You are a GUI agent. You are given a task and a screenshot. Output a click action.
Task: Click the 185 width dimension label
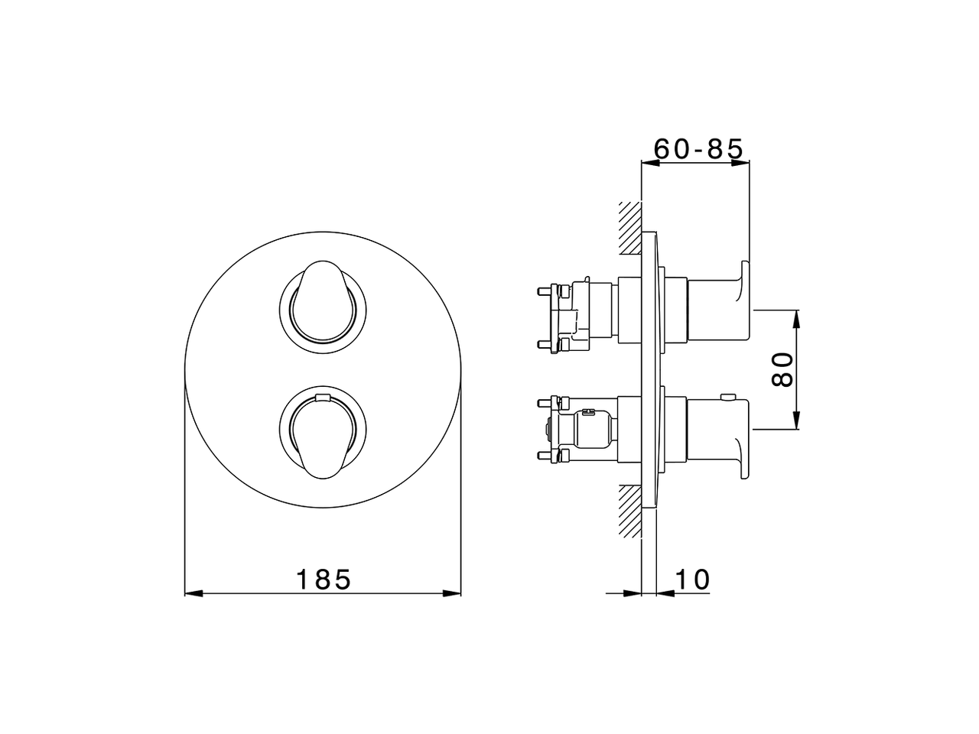pyautogui.click(x=323, y=579)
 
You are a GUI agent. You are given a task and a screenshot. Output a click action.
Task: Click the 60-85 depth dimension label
pyautogui.click(x=699, y=148)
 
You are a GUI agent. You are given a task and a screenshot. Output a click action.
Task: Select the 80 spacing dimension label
pyautogui.click(x=782, y=369)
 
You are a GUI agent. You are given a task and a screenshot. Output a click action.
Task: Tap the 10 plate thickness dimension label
pyautogui.click(x=692, y=579)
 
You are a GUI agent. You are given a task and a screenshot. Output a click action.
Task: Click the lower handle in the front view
pyautogui.click(x=321, y=436)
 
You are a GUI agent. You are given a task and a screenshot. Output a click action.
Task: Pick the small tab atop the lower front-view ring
pyautogui.click(x=322, y=397)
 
